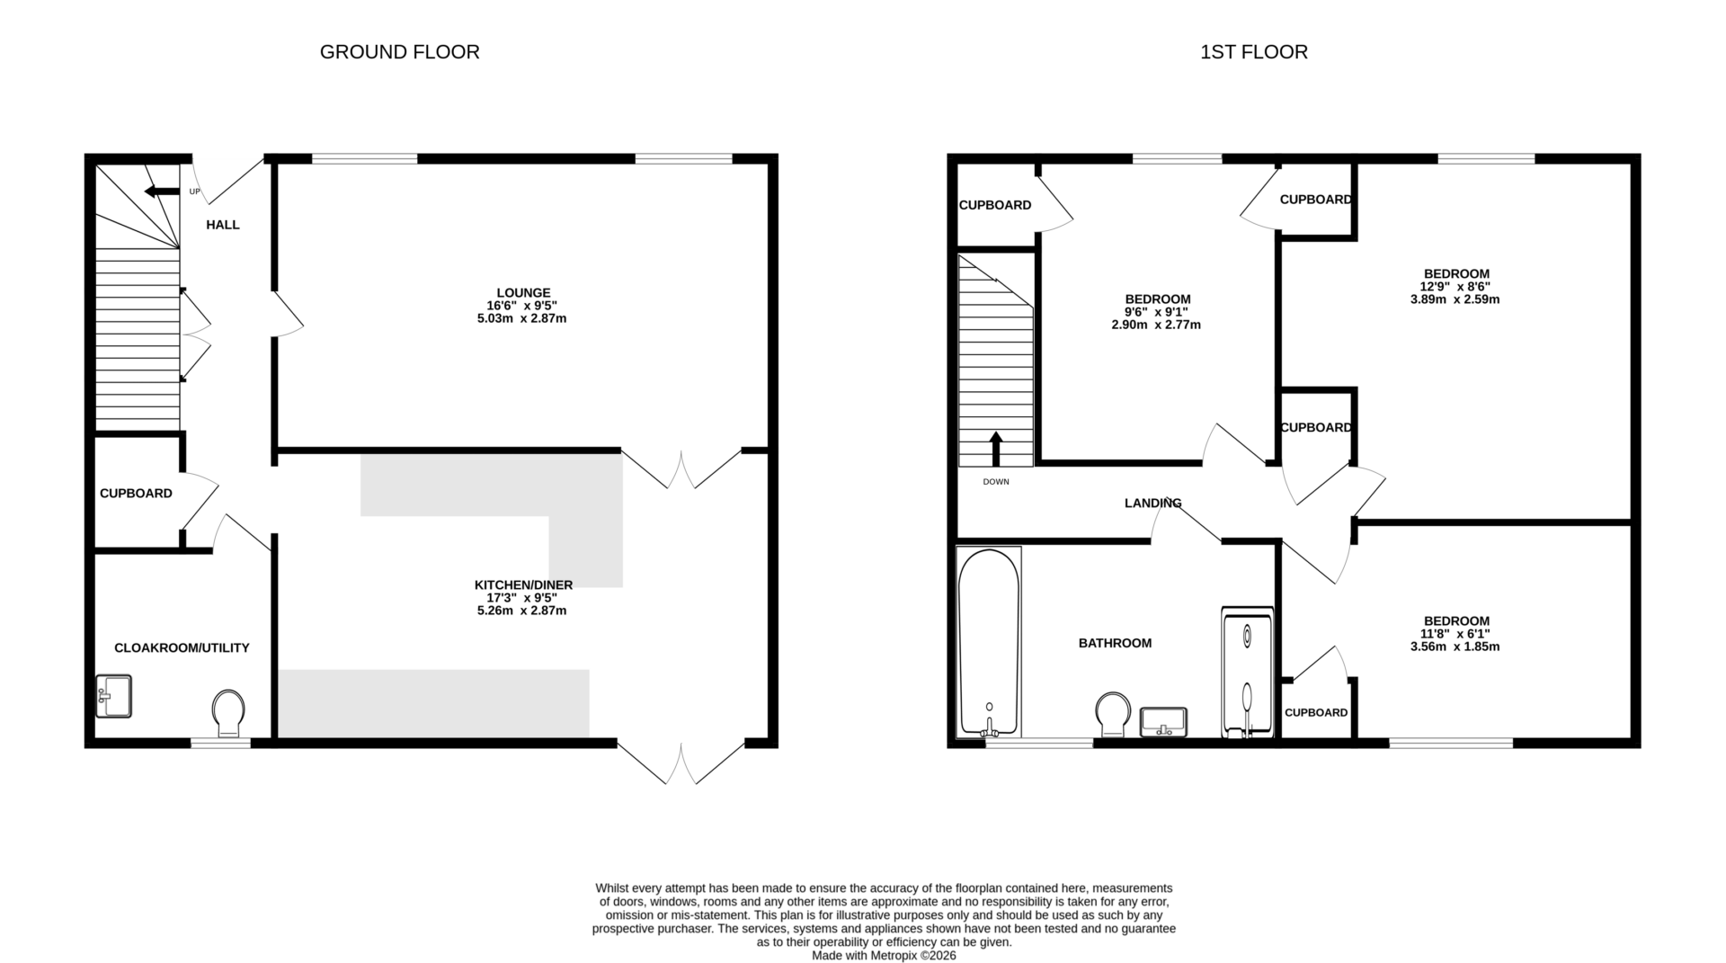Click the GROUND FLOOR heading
(399, 52)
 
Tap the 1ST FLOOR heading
(1253, 52)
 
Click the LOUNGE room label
(522, 293)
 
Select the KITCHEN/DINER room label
(523, 584)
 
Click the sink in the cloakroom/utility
(113, 697)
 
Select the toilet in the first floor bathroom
(1114, 714)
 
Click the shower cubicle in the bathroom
(1247, 673)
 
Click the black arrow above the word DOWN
(995, 449)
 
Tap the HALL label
(223, 225)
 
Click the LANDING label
(1152, 504)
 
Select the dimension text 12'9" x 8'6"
(1455, 287)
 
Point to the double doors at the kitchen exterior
(681, 762)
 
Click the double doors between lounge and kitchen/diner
(681, 468)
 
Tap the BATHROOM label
(1115, 643)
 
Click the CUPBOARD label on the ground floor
(136, 494)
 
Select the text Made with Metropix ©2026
(884, 956)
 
